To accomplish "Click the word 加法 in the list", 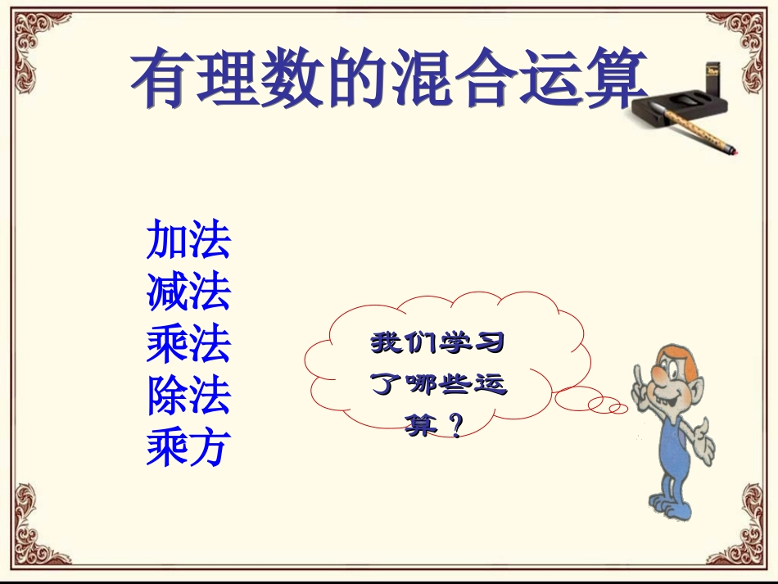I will click(x=188, y=240).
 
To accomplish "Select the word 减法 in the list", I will click(x=188, y=292).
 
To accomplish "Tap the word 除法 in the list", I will click(x=188, y=396).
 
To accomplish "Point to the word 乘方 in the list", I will click(x=188, y=447).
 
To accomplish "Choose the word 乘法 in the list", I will click(x=188, y=344).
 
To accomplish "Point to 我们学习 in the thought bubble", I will click(x=437, y=342).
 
